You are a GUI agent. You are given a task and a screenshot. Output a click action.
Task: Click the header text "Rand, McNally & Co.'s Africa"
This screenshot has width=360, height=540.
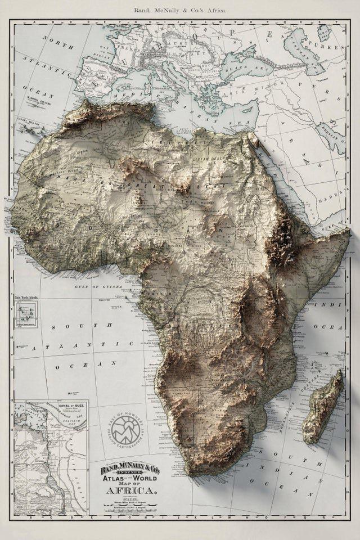click(180, 10)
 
